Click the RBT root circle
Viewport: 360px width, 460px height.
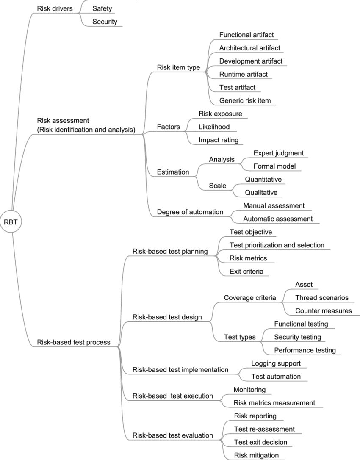point(11,221)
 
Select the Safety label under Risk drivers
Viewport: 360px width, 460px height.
point(102,8)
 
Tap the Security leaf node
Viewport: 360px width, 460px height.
point(105,21)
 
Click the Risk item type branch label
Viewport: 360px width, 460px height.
point(178,67)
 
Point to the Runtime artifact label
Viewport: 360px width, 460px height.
point(243,74)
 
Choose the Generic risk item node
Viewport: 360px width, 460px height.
point(245,100)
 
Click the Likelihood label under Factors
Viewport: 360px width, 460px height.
point(214,127)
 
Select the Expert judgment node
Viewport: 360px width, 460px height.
point(278,153)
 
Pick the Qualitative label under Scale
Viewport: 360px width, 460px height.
point(261,192)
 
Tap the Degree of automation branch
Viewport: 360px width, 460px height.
point(190,212)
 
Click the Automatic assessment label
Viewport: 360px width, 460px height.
point(278,219)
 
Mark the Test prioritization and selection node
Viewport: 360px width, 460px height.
point(277,245)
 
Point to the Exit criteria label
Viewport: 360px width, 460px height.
point(246,271)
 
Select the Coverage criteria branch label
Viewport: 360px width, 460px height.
point(250,298)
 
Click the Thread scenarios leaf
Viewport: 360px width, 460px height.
point(322,297)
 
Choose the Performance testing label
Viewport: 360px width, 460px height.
point(305,350)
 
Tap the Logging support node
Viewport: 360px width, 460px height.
point(276,363)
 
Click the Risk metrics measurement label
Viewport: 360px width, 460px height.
point(274,402)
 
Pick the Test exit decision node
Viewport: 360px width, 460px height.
point(260,442)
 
